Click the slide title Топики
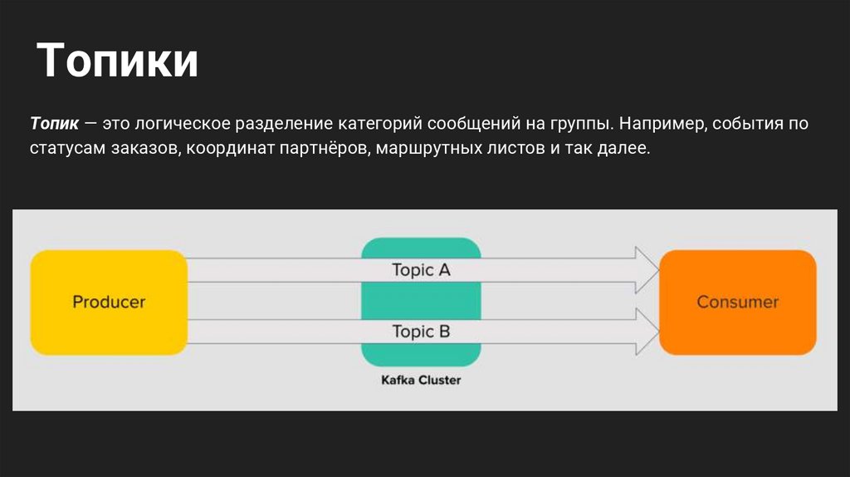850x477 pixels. coord(118,61)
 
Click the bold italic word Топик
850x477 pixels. coord(54,124)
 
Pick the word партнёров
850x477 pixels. coord(319,150)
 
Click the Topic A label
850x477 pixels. coord(421,270)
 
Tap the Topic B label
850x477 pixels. coord(421,332)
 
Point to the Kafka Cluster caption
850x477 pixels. coord(421,381)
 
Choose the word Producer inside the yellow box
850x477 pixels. coord(109,302)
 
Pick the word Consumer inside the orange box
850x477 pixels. coord(737,302)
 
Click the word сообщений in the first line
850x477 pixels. coord(471,124)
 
